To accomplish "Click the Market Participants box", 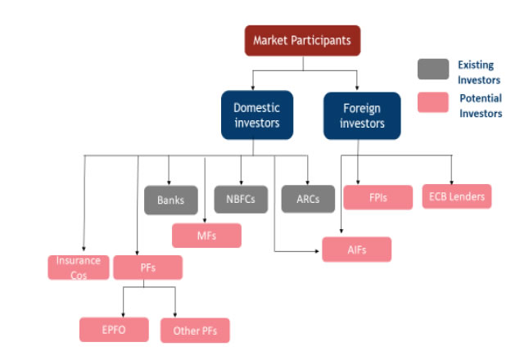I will pos(302,40).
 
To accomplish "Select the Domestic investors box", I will pos(256,115).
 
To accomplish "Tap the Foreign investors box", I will pos(362,115).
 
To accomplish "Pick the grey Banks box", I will pos(171,199).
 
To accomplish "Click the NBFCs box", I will pos(241,199).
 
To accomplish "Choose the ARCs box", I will pos(308,199).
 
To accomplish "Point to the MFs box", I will pos(206,235).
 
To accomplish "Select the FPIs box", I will pos(378,197).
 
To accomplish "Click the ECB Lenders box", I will pos(456,196).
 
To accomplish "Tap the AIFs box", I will pos(356,249).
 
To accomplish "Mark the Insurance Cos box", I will pos(79,267).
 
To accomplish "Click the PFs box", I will pos(147,267).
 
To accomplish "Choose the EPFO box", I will pos(114,330).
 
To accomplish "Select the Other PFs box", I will pos(194,331).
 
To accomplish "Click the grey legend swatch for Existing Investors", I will pos(432,69).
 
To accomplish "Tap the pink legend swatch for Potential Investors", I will pos(432,102).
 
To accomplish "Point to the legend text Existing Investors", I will pos(478,70).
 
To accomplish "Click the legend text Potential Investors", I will pos(480,106).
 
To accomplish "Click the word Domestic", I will pos(256,107).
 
